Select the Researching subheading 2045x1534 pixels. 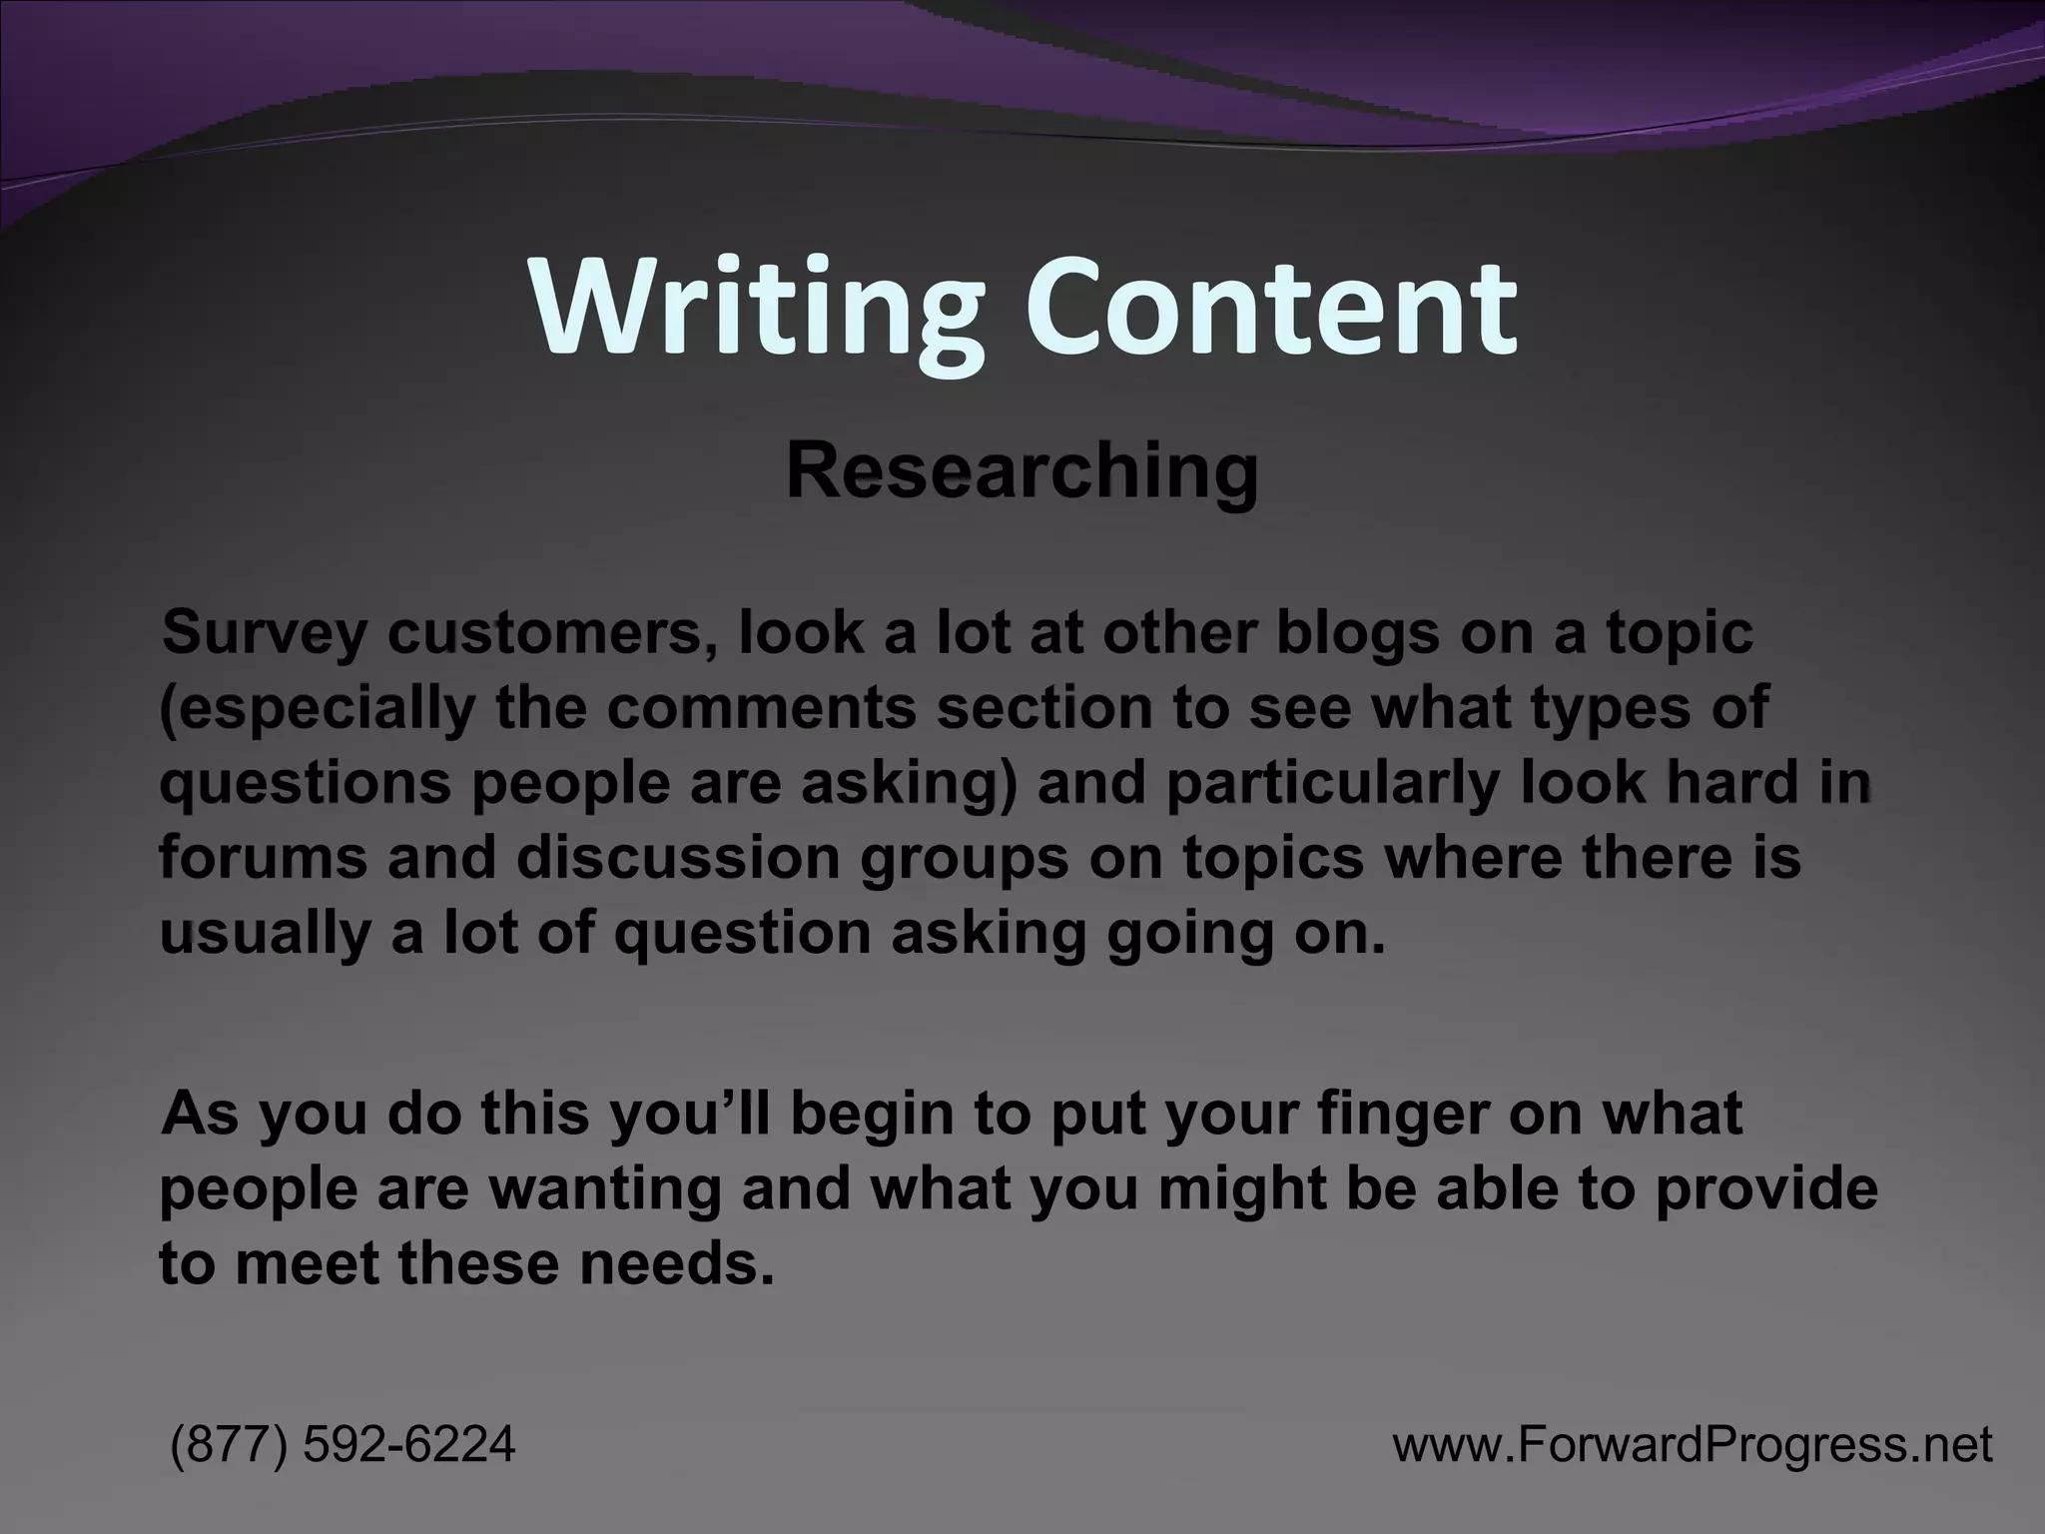click(x=1022, y=471)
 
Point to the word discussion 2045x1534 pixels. click(x=678, y=858)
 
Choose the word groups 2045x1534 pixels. click(x=964, y=860)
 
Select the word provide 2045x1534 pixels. click(x=1767, y=1189)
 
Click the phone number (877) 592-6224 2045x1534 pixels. click(x=343, y=1444)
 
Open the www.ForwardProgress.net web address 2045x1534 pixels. click(x=1693, y=1444)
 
